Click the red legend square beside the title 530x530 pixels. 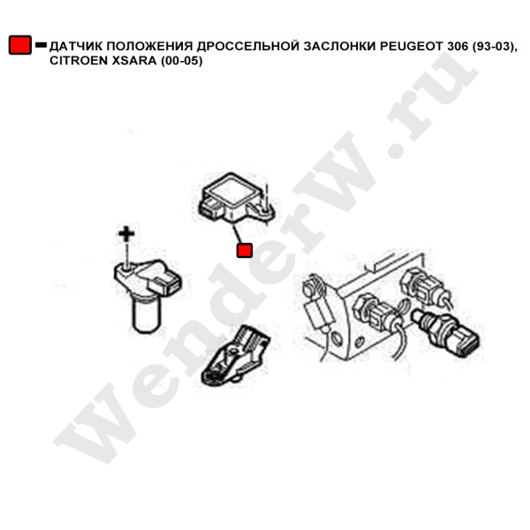click(x=20, y=45)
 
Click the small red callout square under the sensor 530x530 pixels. click(x=245, y=251)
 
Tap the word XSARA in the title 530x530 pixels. click(x=134, y=61)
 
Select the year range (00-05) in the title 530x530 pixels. click(x=181, y=61)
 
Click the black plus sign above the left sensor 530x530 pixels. click(x=126, y=234)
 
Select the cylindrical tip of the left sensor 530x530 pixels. click(x=146, y=316)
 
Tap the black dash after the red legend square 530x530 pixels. click(x=41, y=45)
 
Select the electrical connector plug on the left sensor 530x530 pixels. click(x=166, y=284)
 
